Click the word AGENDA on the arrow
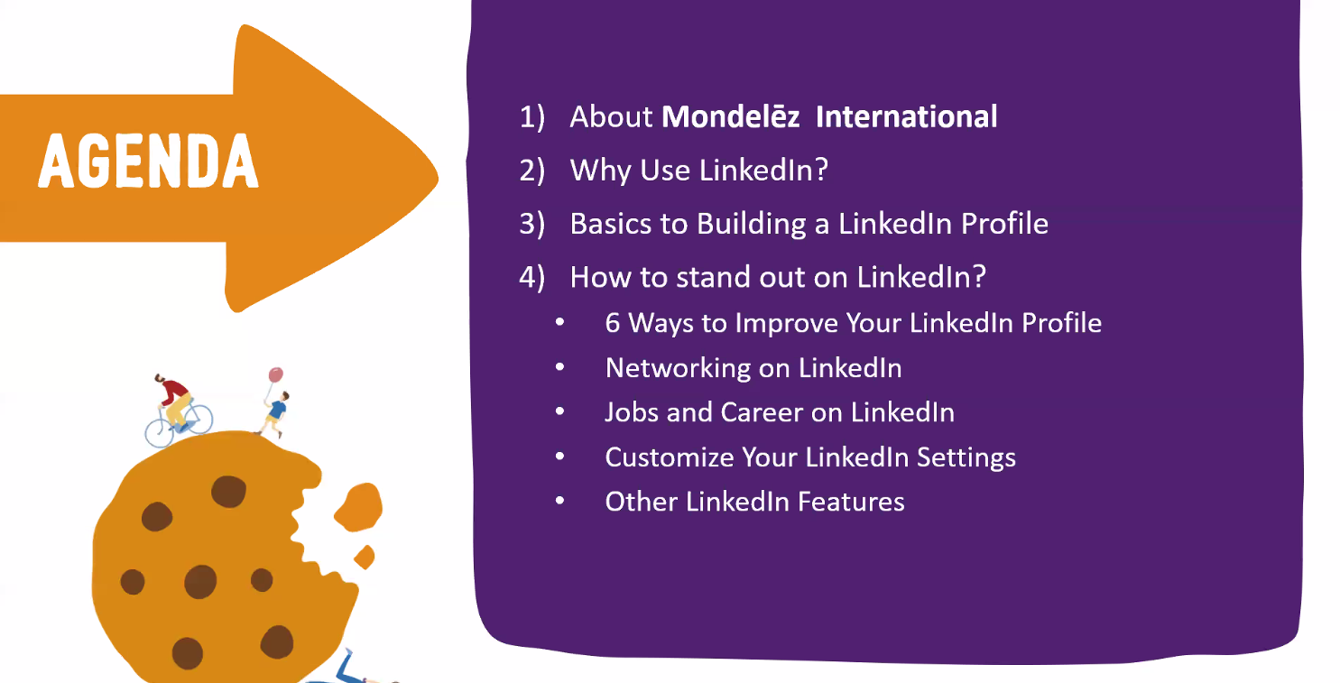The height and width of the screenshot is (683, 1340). pyautogui.click(x=148, y=161)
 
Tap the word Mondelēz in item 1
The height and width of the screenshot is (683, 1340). pyautogui.click(x=730, y=116)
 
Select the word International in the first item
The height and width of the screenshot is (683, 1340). pyautogui.click(x=906, y=116)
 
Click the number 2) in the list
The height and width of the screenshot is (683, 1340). pyautogui.click(x=531, y=171)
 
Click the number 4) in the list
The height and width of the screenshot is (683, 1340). pyautogui.click(x=531, y=278)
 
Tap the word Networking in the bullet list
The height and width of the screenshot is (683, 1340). pyautogui.click(x=679, y=368)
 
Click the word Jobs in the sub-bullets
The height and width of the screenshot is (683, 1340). pyautogui.click(x=632, y=412)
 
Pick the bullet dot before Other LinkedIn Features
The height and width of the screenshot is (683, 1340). pyautogui.click(x=560, y=501)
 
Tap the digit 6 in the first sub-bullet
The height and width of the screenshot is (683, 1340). pyautogui.click(x=612, y=324)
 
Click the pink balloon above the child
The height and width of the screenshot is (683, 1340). pyautogui.click(x=276, y=375)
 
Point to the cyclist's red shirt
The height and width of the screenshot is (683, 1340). pyautogui.click(x=175, y=390)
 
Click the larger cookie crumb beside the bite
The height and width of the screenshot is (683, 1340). pyautogui.click(x=358, y=507)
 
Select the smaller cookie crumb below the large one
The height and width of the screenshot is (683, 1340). pyautogui.click(x=365, y=557)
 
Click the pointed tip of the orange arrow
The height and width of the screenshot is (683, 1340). pyautogui.click(x=438, y=177)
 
